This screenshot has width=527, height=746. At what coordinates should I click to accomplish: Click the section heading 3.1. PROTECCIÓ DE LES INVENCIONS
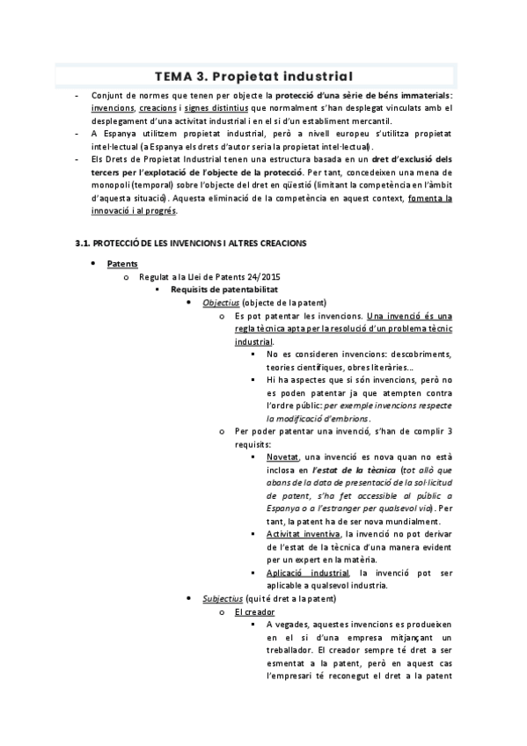pyautogui.click(x=191, y=242)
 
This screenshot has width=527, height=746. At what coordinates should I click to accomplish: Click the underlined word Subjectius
pyautogui.click(x=223, y=599)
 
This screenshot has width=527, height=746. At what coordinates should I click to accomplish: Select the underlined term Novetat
pyautogui.click(x=282, y=457)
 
